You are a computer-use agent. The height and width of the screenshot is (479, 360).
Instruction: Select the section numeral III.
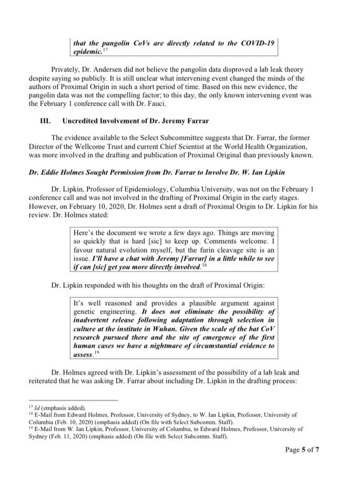click(45, 121)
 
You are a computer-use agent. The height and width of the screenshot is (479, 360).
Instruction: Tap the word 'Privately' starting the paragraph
click(66, 69)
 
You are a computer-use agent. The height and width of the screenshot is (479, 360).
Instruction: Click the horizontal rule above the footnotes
click(73, 400)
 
